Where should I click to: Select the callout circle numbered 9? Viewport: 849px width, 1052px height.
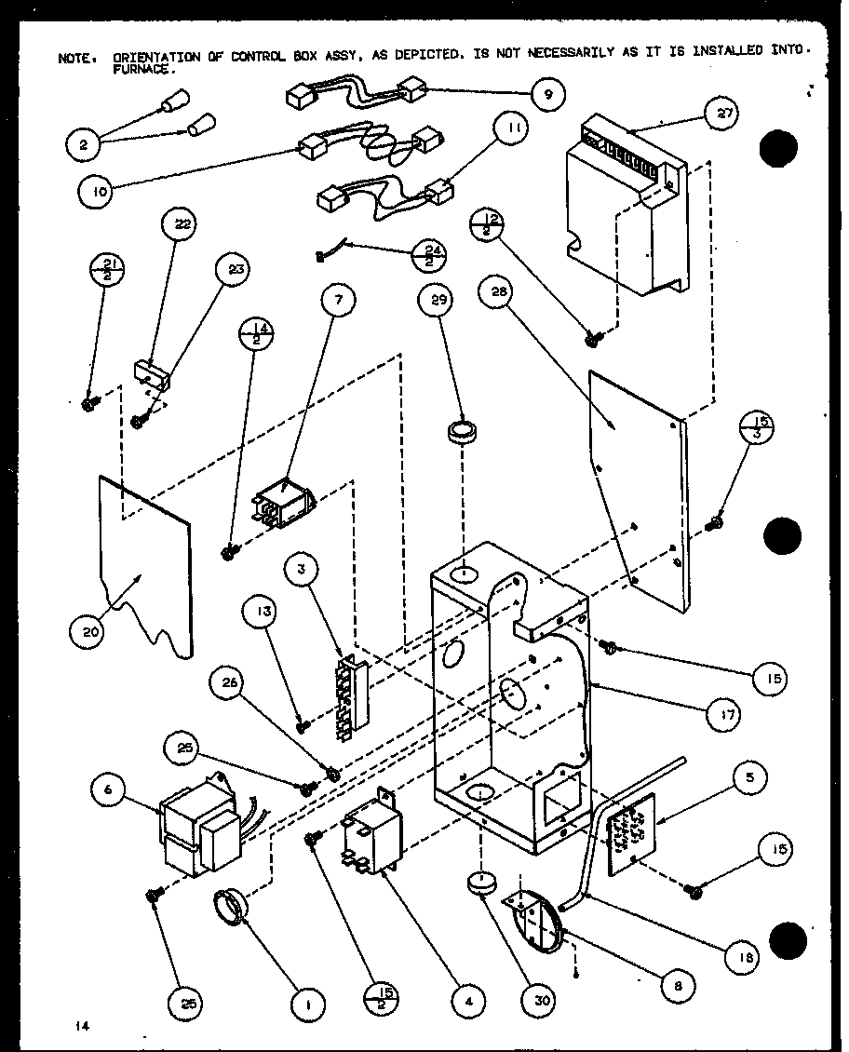tap(548, 93)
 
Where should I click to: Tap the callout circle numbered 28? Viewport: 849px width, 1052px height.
tap(498, 294)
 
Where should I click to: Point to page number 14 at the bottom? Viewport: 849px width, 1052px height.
tap(84, 1025)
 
